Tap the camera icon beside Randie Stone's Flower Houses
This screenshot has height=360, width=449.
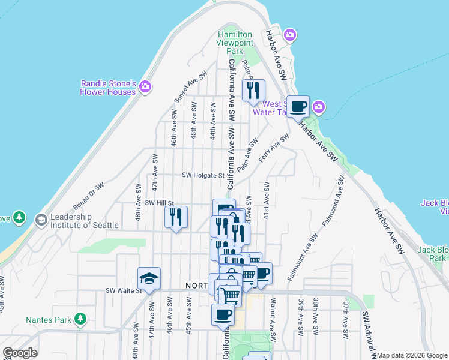tap(145, 88)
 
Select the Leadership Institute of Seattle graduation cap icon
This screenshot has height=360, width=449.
tap(41, 220)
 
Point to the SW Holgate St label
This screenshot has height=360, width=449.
tap(203, 176)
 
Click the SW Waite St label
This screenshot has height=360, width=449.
tap(122, 291)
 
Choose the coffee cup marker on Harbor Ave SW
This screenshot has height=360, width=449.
tap(298, 107)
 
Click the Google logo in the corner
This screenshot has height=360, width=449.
tap(20, 353)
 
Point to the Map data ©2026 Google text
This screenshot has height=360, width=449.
tap(412, 355)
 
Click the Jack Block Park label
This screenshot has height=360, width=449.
tap(433, 253)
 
